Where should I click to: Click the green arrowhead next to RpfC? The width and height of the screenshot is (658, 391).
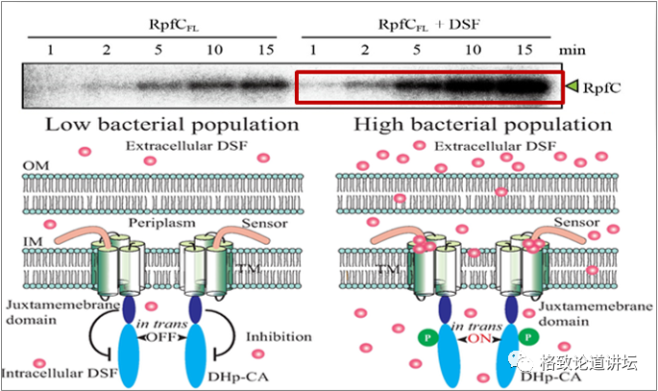tap(571, 87)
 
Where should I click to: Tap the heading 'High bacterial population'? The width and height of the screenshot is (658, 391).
tap(483, 125)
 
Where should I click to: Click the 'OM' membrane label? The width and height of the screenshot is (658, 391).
tap(33, 167)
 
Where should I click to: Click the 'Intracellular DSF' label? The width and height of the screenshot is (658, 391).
tap(56, 371)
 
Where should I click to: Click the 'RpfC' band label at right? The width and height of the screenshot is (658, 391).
tap(602, 87)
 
